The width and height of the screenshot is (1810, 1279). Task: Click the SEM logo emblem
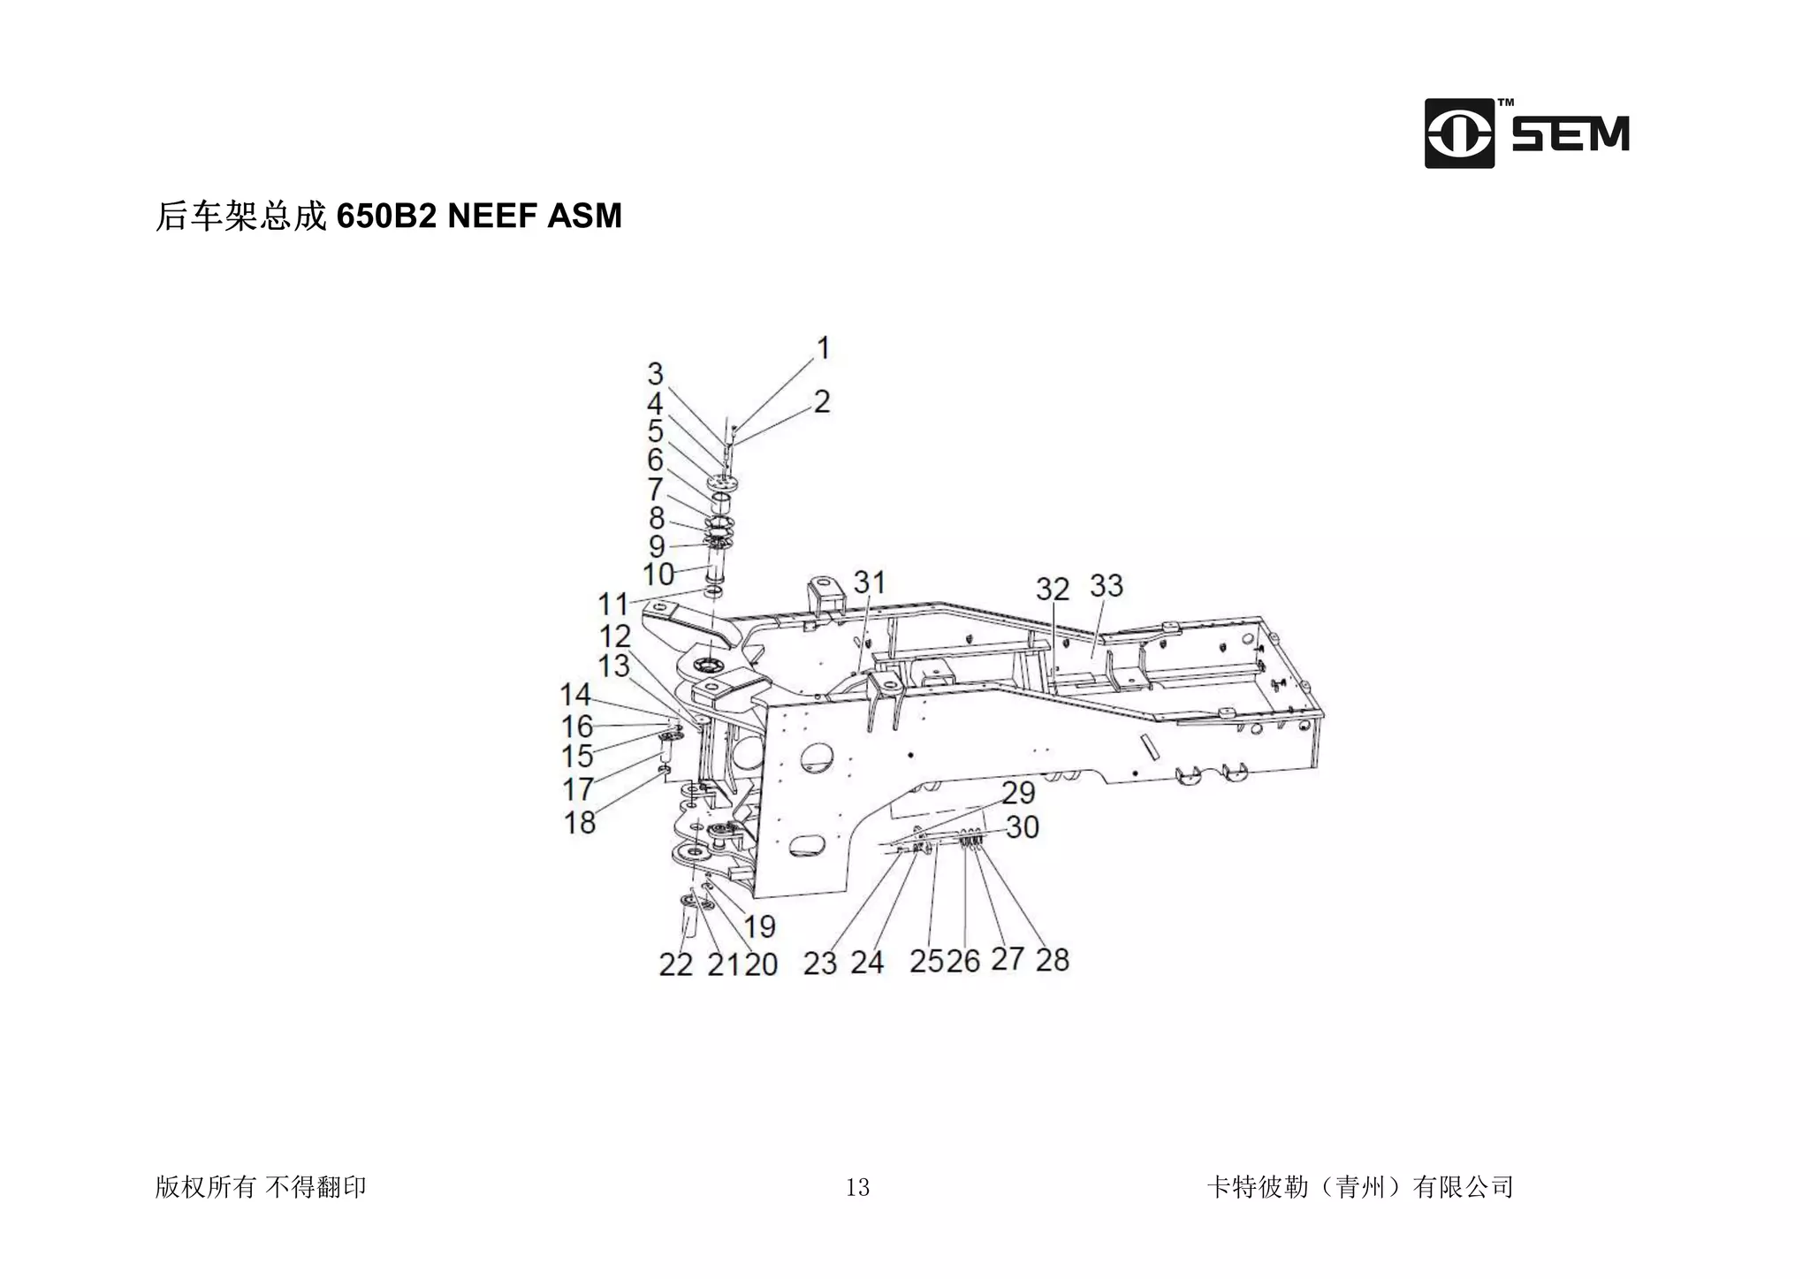[1459, 133]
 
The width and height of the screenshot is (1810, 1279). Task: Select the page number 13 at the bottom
[857, 1187]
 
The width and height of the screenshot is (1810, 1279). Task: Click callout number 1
[823, 348]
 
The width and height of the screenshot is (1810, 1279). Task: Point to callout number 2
[822, 402]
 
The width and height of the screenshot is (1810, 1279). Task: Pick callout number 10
[658, 575]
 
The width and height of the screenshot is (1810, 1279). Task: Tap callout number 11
[612, 605]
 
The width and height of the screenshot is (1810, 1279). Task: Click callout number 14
[575, 695]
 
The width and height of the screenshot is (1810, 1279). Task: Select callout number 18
[580, 823]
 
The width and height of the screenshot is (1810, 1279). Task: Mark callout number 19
[759, 926]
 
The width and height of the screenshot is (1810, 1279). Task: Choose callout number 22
[675, 964]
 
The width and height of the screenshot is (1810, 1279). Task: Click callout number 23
[819, 963]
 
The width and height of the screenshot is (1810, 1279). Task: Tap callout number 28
[1052, 960]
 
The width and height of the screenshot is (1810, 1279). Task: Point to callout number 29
[1018, 792]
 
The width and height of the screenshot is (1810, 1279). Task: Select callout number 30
[1022, 827]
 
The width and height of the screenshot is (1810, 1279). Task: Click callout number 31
[870, 582]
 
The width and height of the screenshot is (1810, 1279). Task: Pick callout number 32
[1052, 589]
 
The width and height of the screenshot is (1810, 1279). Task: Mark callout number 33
[1107, 585]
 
